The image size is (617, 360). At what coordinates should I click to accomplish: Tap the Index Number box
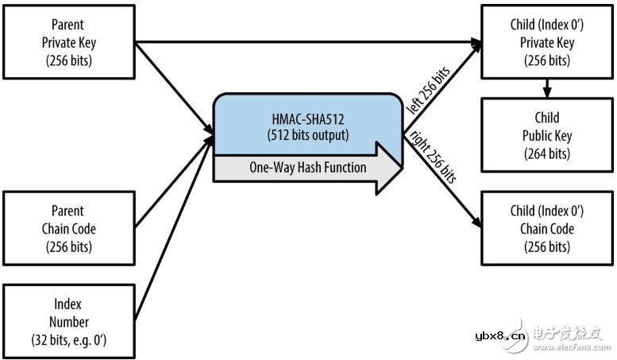68,323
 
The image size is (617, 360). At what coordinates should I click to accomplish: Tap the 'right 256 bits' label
433,160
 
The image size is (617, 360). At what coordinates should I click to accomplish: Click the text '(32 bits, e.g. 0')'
68,339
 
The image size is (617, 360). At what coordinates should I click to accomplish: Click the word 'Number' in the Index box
68,323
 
